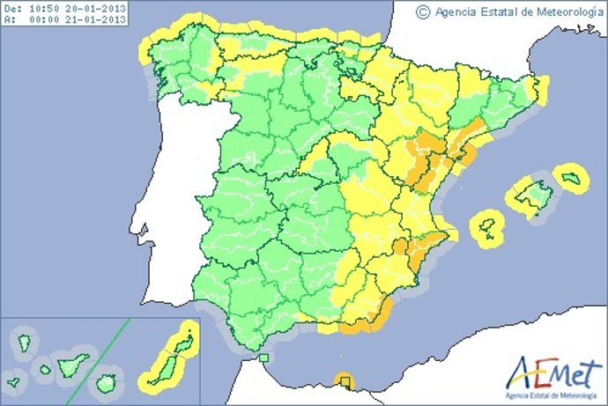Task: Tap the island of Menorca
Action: [573, 180]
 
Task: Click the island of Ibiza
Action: [487, 226]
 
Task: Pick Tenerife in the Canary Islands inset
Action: [73, 363]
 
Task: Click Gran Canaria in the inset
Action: [107, 384]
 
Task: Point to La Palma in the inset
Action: [19, 340]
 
